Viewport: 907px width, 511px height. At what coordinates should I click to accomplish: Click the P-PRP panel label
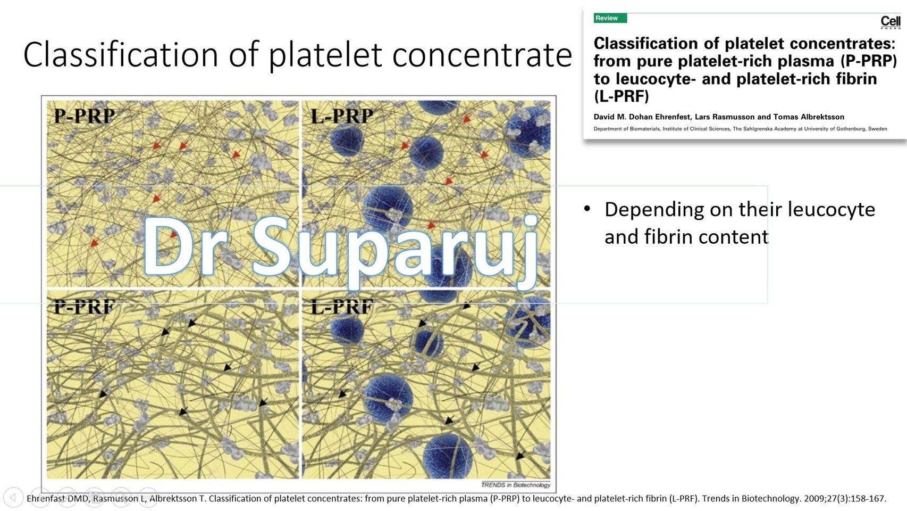point(84,116)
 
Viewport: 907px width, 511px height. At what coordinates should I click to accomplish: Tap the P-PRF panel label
point(84,307)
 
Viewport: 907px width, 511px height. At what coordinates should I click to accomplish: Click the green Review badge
point(610,18)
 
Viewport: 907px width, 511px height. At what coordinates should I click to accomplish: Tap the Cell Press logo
point(891,22)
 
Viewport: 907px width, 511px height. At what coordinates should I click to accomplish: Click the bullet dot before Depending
point(587,208)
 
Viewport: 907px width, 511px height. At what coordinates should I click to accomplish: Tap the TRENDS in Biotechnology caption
point(515,485)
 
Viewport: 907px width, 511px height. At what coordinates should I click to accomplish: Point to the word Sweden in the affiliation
point(877,129)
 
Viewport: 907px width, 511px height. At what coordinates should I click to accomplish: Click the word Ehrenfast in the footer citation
point(46,499)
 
